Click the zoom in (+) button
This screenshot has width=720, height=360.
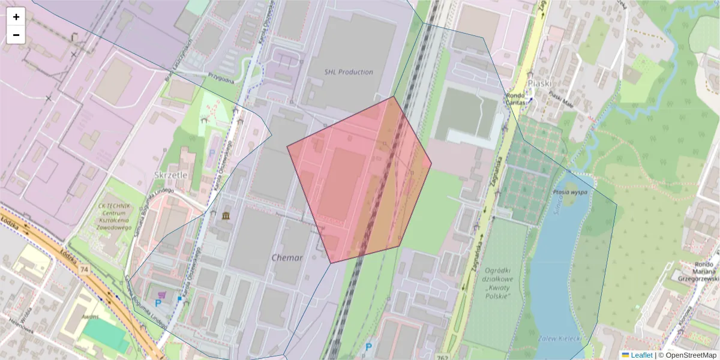click(16, 17)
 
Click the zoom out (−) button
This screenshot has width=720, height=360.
click(16, 35)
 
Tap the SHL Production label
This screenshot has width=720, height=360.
click(349, 72)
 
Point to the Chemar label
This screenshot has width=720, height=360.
click(287, 257)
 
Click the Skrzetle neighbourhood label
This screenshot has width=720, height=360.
click(171, 175)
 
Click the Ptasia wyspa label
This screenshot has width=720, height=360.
click(570, 193)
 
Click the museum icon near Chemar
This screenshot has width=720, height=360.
click(226, 215)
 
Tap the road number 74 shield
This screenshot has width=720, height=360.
click(83, 271)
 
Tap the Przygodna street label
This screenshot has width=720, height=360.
click(221, 76)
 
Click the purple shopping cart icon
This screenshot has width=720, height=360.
click(160, 295)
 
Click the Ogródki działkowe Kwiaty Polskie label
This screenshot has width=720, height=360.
click(490, 284)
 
